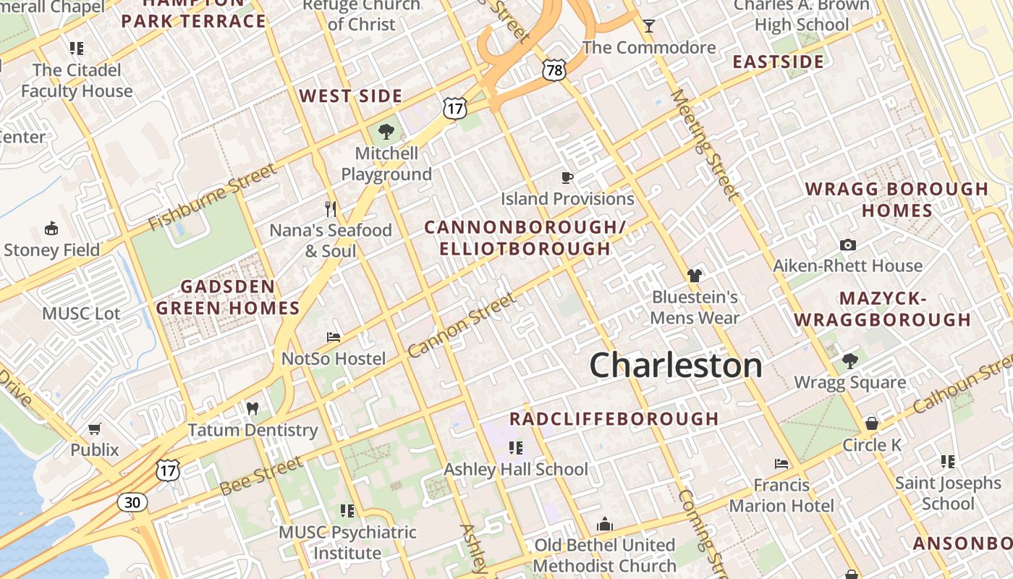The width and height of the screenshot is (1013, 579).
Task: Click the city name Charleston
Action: point(676,365)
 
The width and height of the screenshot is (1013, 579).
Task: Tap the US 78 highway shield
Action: point(554,70)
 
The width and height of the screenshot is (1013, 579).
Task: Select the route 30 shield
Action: point(134,502)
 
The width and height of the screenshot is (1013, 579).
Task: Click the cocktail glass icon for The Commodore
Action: point(649,27)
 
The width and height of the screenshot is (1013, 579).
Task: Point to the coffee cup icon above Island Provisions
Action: point(567,177)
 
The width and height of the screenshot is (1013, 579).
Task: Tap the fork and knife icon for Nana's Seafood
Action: point(331,209)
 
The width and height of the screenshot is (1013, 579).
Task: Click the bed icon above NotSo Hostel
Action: point(334,337)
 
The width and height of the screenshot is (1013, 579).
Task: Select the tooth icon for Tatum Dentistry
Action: point(253,408)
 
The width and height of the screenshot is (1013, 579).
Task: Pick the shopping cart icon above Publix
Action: point(95,428)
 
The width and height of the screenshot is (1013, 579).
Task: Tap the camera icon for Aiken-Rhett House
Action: point(848,245)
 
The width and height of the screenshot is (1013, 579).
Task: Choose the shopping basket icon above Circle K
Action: point(872,423)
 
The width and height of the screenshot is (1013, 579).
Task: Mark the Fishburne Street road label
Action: point(212,197)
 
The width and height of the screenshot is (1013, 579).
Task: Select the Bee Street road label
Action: point(261,476)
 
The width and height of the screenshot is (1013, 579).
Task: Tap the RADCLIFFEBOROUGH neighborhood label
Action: point(614,419)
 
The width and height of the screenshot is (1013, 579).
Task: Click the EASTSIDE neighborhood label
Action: point(779,62)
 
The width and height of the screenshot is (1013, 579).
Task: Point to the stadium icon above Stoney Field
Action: point(51,229)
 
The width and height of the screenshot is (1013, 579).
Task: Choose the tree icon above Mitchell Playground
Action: point(386,132)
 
